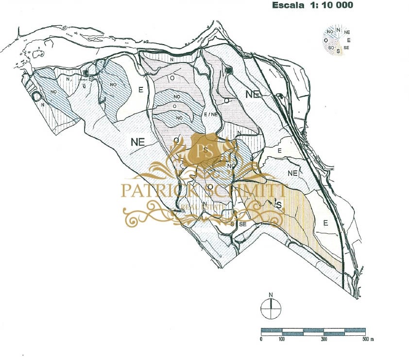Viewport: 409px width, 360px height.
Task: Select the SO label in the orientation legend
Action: coord(331,48)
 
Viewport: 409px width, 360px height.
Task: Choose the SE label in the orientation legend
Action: coord(346,48)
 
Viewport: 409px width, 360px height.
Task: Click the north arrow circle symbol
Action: coord(271,308)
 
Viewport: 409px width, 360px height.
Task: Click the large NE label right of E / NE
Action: coord(252,95)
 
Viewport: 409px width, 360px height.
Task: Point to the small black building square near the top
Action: coord(230,71)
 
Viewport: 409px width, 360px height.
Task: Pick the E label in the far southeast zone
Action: coord(326,223)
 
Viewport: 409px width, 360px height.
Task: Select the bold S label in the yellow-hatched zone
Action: coord(279,205)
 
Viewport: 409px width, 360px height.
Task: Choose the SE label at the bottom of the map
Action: coord(243,224)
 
